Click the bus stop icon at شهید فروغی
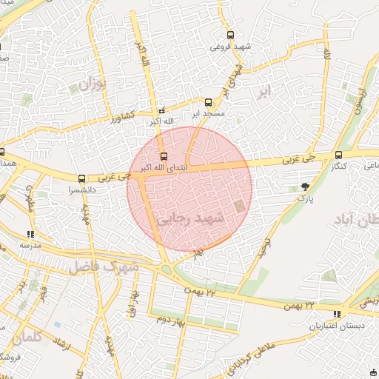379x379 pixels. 230,34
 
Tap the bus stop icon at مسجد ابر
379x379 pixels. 208,102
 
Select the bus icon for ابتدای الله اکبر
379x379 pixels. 164,156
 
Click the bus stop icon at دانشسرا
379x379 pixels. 81,178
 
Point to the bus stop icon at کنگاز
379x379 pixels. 338,155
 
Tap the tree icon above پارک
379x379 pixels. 306,186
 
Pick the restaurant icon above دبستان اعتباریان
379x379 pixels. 338,314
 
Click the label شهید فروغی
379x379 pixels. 229,46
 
